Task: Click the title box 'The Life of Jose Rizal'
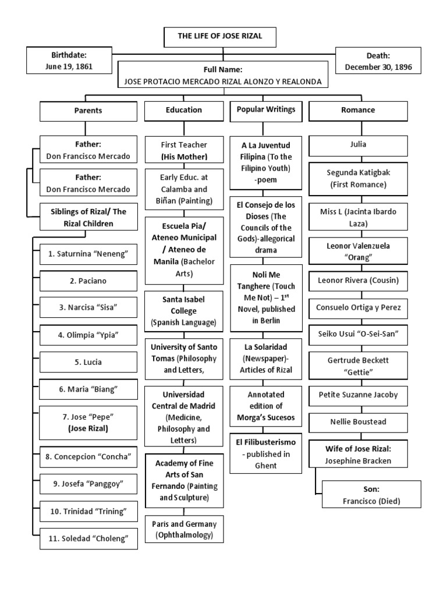pos(220,37)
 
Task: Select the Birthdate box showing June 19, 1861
pos(69,61)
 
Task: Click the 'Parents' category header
pos(88,111)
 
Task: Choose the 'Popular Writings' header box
pos(266,110)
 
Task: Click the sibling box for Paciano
pos(88,281)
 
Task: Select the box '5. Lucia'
pos(88,362)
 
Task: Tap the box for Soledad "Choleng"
pos(88,538)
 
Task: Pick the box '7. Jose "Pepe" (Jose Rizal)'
pos(88,423)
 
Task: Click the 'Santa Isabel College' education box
pos(184,310)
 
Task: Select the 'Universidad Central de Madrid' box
pos(184,417)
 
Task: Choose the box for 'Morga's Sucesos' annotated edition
pos(266,406)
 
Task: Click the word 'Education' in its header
pos(184,110)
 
